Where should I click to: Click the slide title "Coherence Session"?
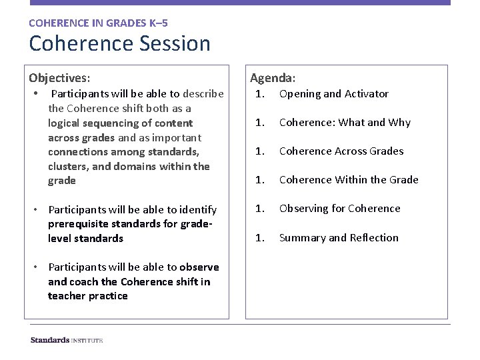119,44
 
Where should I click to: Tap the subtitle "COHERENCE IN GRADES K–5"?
93,23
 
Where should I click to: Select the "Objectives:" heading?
59,77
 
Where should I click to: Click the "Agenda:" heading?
274,77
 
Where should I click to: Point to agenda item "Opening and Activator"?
333,94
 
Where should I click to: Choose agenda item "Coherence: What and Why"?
345,123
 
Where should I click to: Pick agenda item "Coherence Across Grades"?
341,151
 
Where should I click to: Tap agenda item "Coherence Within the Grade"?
349,180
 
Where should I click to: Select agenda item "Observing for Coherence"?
339,209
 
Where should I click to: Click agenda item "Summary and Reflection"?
339,238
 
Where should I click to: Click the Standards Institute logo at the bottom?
67,340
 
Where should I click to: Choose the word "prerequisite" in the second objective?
79,224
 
